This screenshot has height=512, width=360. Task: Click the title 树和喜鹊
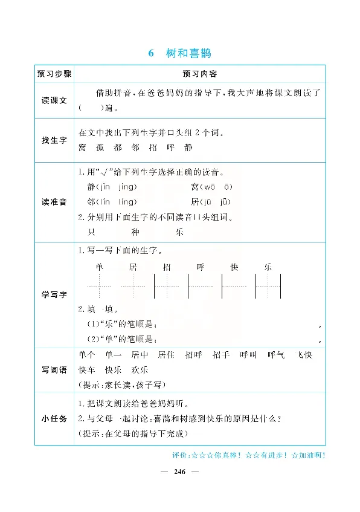pos(187,53)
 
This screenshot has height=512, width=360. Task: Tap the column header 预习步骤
pos(54,74)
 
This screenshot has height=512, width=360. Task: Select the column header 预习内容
pos(199,74)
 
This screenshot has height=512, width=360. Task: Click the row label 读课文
pos(54,101)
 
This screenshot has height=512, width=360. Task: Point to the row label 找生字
pos(54,140)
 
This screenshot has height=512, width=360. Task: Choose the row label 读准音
pos(54,202)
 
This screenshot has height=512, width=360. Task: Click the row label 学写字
pos(54,294)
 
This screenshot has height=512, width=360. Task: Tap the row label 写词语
pos(54,369)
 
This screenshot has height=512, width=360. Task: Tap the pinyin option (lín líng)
pos(119,202)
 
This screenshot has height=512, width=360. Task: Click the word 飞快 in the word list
pos(303,355)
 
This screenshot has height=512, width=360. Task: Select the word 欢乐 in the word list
pos(140,370)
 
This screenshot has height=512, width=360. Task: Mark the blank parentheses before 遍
pos(89,109)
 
